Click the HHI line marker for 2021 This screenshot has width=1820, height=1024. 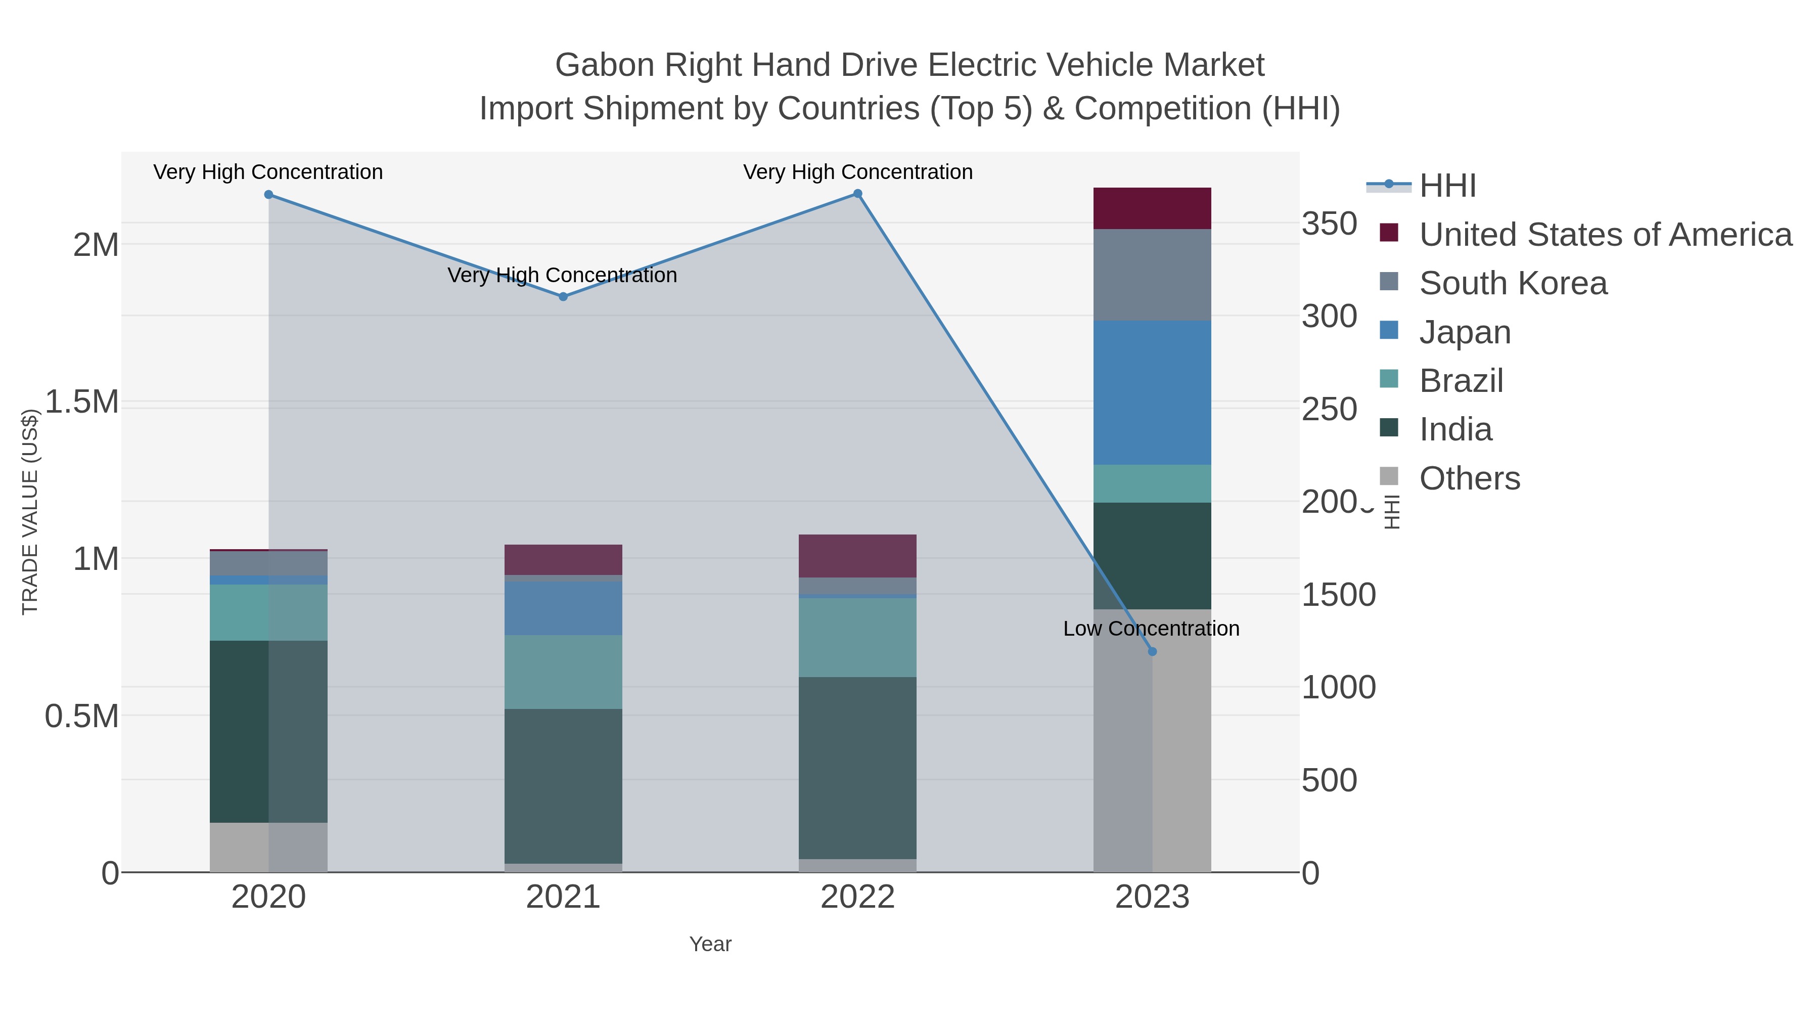[563, 297]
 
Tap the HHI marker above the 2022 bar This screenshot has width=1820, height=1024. [858, 194]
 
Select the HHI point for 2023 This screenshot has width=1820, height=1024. [1152, 652]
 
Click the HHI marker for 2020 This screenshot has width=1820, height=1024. [268, 194]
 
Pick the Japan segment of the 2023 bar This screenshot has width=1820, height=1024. [1152, 393]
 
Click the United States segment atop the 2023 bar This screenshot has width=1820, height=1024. [1152, 208]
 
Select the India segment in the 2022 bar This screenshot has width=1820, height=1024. [858, 768]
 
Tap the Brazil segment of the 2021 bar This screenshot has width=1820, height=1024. [563, 672]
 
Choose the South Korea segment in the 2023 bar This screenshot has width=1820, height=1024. [1152, 275]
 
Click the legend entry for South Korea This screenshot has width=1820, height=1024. [1513, 283]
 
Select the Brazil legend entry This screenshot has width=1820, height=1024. [1461, 381]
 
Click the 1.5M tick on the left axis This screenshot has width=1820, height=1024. [82, 402]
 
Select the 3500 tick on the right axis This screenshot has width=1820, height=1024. [1329, 224]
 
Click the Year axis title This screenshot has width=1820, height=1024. [710, 944]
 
